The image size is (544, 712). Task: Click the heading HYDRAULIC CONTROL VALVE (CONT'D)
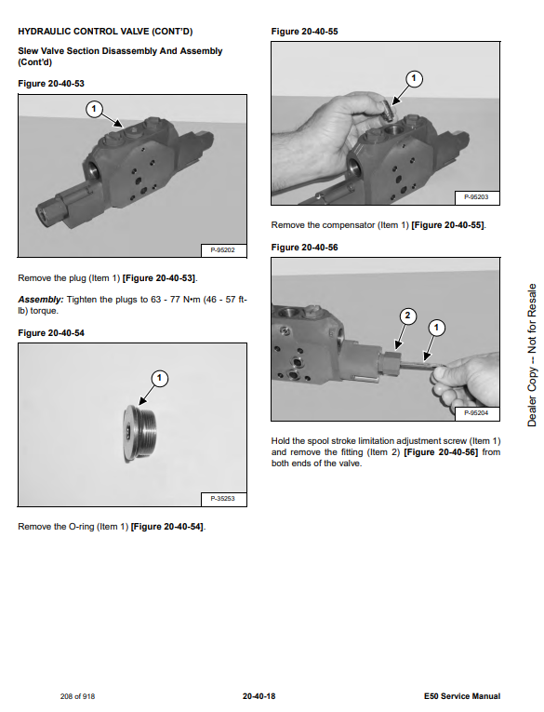(105, 32)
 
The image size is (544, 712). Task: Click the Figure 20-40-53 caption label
(51, 84)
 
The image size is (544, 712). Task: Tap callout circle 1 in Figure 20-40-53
(94, 109)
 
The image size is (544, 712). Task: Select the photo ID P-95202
(223, 250)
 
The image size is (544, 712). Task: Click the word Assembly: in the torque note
(40, 300)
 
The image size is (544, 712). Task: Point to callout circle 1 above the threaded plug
(159, 378)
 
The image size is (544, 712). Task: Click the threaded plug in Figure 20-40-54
(139, 434)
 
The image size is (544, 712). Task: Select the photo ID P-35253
(223, 499)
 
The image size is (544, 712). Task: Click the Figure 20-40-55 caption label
(304, 32)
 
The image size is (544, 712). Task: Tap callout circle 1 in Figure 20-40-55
(413, 78)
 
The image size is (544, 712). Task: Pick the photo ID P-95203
(476, 197)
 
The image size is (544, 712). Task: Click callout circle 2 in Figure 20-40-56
(407, 316)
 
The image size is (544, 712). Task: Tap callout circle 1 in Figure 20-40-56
(436, 328)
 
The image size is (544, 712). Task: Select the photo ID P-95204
(476, 412)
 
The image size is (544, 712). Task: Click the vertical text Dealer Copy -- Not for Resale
(532, 356)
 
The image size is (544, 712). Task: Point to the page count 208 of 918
(77, 696)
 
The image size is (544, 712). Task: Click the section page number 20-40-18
(259, 696)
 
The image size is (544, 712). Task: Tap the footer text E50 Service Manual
(462, 696)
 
